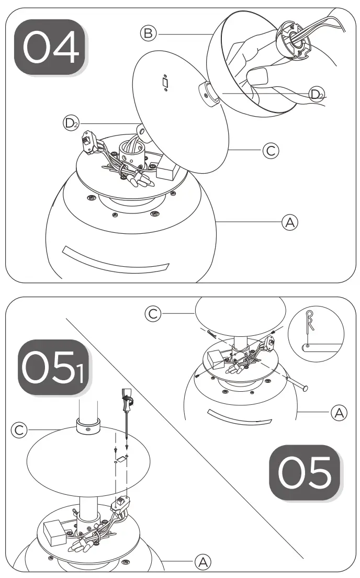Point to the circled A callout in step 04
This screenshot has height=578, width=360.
point(289,222)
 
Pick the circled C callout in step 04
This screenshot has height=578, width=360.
point(271,151)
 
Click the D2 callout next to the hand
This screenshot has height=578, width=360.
point(316,94)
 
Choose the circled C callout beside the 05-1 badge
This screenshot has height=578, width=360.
point(19,430)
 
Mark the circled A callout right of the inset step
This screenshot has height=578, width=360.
point(339,413)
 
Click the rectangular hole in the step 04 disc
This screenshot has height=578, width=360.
point(165,83)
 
